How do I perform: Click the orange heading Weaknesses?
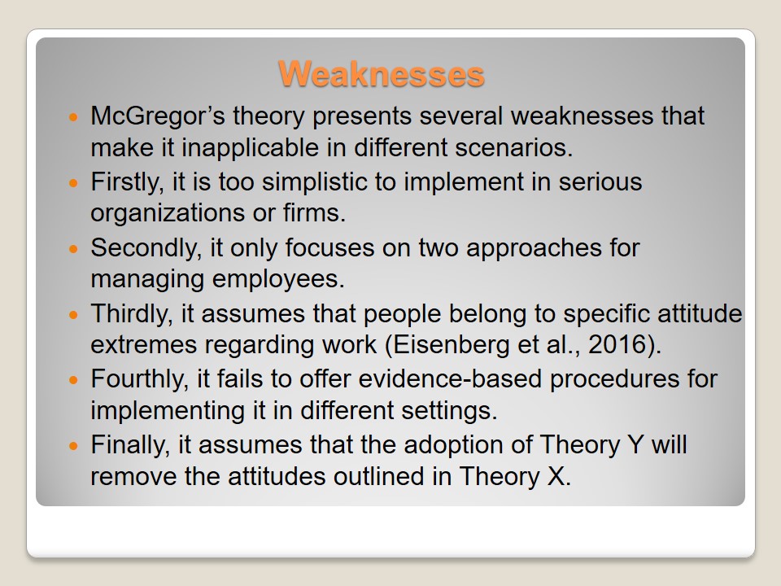tap(381, 74)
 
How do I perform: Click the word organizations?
tap(168, 214)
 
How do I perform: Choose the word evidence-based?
tap(450, 379)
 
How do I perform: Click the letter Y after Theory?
tap(635, 445)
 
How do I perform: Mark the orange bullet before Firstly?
tap(74, 183)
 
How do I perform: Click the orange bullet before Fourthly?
tap(74, 380)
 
